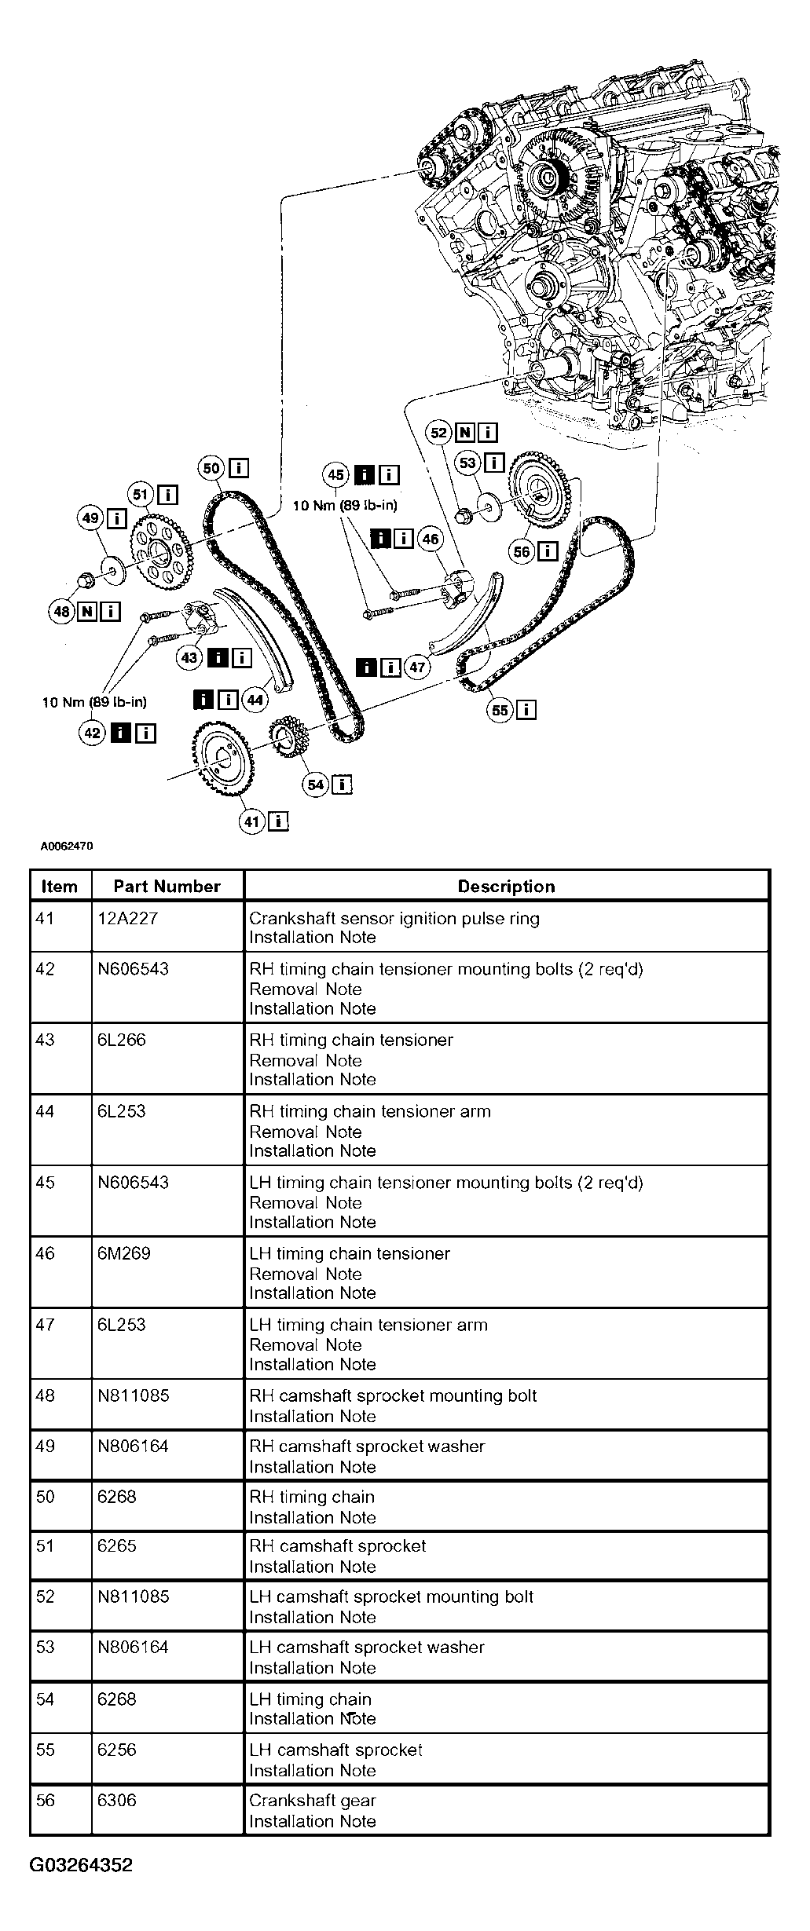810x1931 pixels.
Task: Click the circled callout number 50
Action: click(x=212, y=469)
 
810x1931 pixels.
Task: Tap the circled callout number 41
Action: click(x=251, y=821)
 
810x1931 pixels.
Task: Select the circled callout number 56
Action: click(x=522, y=551)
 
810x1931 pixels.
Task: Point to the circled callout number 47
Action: click(x=417, y=667)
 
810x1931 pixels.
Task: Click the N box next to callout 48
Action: click(x=87, y=611)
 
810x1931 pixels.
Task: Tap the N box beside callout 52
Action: click(x=466, y=432)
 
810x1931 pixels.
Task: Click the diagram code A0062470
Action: click(x=68, y=847)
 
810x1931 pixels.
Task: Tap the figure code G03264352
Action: click(x=82, y=1865)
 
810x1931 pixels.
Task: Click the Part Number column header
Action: click(x=167, y=887)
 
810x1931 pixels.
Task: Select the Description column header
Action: click(x=507, y=887)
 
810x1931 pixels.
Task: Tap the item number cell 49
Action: click(x=46, y=1446)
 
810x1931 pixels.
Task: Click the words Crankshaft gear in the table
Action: click(x=313, y=1801)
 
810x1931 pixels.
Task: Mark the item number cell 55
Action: click(x=46, y=1750)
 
